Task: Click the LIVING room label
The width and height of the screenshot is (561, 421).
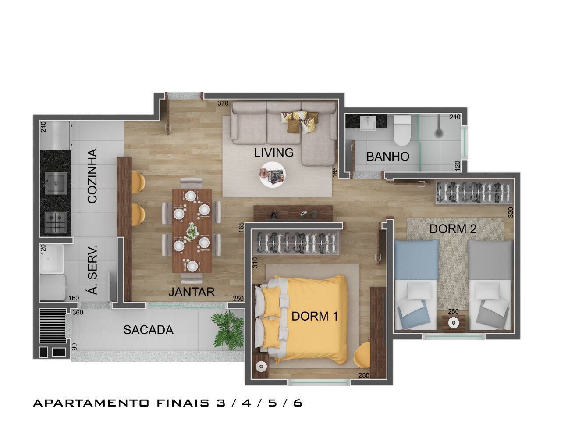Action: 273,153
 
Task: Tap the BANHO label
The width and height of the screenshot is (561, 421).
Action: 388,157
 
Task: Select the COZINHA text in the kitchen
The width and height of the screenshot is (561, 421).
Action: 92,176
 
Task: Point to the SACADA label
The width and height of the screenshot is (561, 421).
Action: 148,330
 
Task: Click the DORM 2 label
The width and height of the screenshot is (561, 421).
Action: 453,228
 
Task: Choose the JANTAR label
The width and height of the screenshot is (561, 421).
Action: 192,292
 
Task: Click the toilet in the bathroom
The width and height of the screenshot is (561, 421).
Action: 401,130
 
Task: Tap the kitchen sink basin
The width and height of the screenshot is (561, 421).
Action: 56,183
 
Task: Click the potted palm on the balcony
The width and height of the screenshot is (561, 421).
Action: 228,329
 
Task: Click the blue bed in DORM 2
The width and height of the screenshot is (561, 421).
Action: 416,285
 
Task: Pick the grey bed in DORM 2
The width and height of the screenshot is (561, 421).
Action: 490,285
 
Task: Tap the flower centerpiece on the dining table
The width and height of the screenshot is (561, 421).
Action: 192,231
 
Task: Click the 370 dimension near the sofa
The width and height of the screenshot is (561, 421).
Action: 224,103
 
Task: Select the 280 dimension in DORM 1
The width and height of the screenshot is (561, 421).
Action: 364,375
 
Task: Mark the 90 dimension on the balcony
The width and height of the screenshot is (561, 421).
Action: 74,346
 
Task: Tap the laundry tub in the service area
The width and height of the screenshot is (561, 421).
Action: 52,258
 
